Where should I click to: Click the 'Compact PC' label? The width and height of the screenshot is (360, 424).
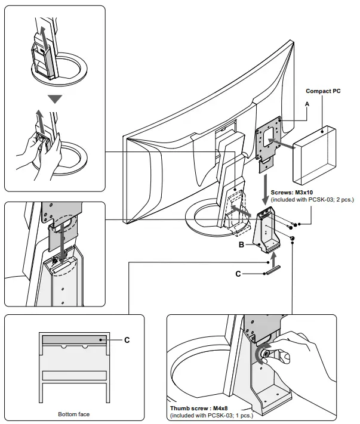click(x=322, y=91)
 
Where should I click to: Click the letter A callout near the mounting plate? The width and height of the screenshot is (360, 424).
click(x=306, y=103)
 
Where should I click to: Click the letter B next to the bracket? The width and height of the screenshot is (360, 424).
click(x=242, y=245)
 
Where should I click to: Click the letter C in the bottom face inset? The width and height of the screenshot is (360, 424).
click(x=126, y=340)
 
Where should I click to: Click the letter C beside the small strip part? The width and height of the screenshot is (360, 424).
click(x=239, y=274)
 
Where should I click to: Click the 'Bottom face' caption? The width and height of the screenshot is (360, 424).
click(x=73, y=414)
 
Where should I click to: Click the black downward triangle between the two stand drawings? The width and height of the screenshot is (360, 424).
click(x=55, y=99)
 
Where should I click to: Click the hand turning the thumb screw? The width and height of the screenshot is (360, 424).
click(x=301, y=358)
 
